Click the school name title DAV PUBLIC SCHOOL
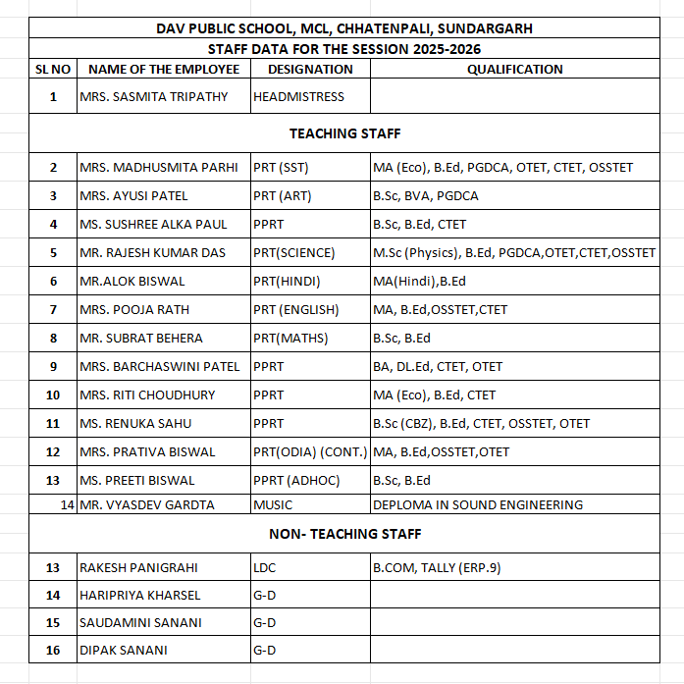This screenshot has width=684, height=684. tap(344, 28)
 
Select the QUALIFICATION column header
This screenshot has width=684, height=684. tap(514, 70)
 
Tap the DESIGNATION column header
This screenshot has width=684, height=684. tap(310, 70)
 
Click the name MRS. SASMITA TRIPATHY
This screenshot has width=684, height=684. tap(154, 97)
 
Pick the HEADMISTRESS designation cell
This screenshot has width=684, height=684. tap(299, 97)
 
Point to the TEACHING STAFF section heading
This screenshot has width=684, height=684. tap(344, 133)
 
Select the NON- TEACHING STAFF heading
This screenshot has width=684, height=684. tap(344, 534)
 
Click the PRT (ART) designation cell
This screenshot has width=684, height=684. tap(283, 196)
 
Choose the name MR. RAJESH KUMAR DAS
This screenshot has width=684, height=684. tap(153, 253)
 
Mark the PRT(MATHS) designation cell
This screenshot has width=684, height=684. tap(290, 339)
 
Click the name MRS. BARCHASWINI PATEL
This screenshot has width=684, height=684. tap(160, 367)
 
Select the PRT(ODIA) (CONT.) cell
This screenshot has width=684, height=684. tap(310, 452)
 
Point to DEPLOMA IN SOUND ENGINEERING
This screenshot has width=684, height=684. tap(478, 505)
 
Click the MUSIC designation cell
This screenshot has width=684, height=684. tap(273, 505)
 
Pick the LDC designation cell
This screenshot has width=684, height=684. tap(266, 567)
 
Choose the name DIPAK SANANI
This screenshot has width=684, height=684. tap(124, 651)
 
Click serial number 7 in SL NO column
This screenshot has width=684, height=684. tap(53, 310)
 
